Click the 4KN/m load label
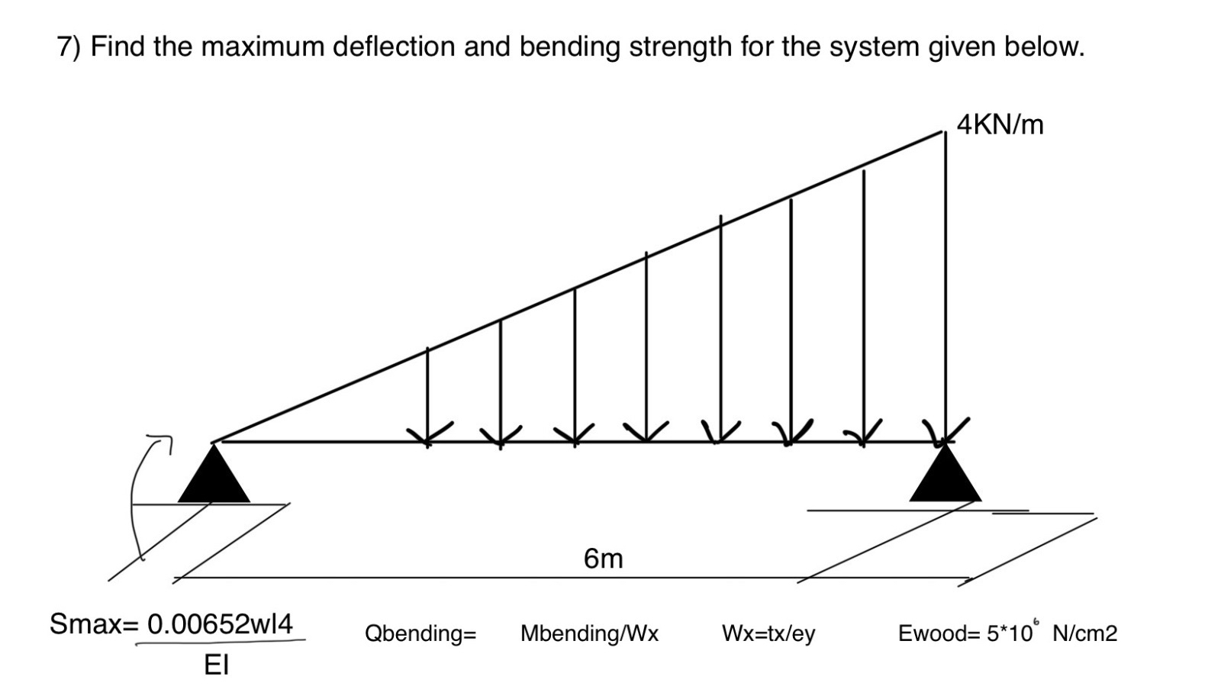(x=1000, y=124)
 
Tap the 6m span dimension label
(x=603, y=559)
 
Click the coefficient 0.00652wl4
(x=220, y=624)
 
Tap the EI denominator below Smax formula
(x=216, y=665)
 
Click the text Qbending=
(x=420, y=633)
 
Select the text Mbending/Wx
(x=589, y=633)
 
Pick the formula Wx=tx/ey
(x=768, y=633)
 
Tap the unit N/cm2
(x=1084, y=633)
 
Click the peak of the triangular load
(x=944, y=133)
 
